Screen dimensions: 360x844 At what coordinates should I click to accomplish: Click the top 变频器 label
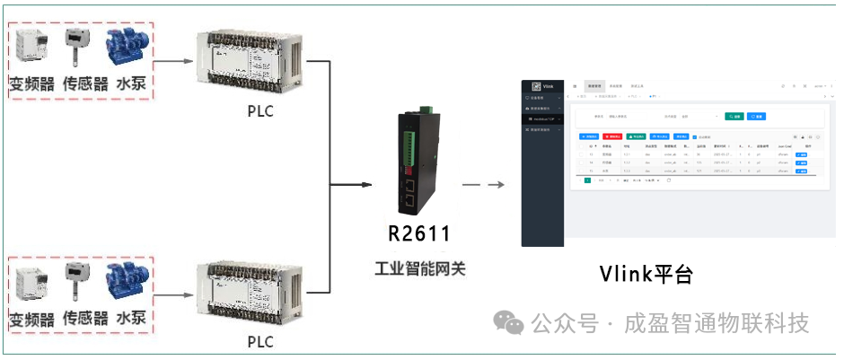(31, 84)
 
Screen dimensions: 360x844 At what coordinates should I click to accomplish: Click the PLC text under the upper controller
(259, 112)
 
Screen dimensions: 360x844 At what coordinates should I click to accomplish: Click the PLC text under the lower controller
(259, 342)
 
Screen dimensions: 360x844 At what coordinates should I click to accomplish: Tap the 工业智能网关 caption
(419, 268)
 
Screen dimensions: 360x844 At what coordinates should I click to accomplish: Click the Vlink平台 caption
(646, 274)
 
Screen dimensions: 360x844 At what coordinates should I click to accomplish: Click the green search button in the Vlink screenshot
(734, 117)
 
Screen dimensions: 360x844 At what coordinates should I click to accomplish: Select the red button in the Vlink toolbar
(613, 136)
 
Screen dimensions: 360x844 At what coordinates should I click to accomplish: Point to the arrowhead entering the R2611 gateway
(365, 186)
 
